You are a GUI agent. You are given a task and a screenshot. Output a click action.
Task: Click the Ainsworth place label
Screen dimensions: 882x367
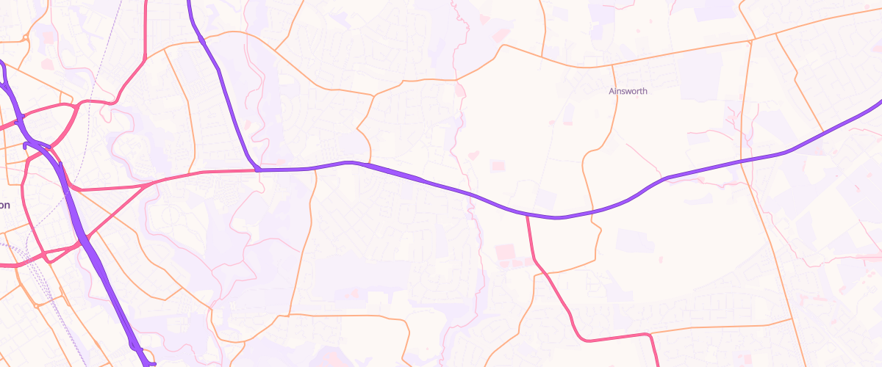pyautogui.click(x=628, y=92)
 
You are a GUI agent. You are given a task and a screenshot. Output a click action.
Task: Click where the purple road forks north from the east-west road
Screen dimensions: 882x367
pyautogui.click(x=258, y=170)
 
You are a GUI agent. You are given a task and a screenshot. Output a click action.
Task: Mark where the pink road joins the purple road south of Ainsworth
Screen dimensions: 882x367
pyautogui.click(x=527, y=215)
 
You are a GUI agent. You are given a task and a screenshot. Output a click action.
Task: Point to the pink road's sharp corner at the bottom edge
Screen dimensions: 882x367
pyautogui.click(x=649, y=335)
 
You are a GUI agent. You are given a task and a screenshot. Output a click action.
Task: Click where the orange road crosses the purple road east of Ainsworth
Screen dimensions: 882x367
pyautogui.click(x=742, y=162)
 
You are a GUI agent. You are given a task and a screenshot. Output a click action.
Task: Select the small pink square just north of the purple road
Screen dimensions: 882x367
pyautogui.click(x=498, y=167)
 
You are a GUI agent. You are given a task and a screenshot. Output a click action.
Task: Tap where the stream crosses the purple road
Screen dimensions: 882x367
pyautogui.click(x=470, y=195)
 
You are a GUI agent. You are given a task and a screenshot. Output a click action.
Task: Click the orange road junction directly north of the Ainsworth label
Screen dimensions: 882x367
pyautogui.click(x=613, y=66)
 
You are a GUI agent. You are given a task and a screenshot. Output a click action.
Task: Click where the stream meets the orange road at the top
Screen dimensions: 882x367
pyautogui.click(x=457, y=79)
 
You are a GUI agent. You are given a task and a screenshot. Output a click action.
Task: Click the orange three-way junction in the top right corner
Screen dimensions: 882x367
pyautogui.click(x=753, y=38)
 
